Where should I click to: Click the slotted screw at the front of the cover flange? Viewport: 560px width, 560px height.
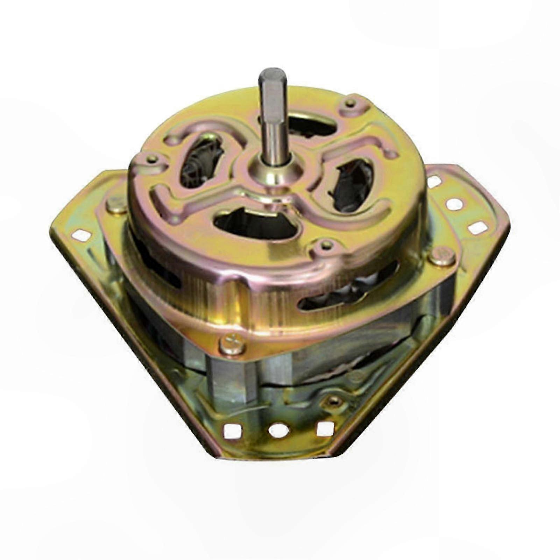[x=232, y=345]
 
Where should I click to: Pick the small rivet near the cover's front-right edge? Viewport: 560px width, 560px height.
[x=326, y=245]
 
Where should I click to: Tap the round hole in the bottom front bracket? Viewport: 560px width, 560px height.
[x=279, y=430]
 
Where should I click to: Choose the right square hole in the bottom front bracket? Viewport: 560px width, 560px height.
[x=325, y=428]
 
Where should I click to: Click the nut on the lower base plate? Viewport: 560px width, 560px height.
[x=335, y=402]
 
